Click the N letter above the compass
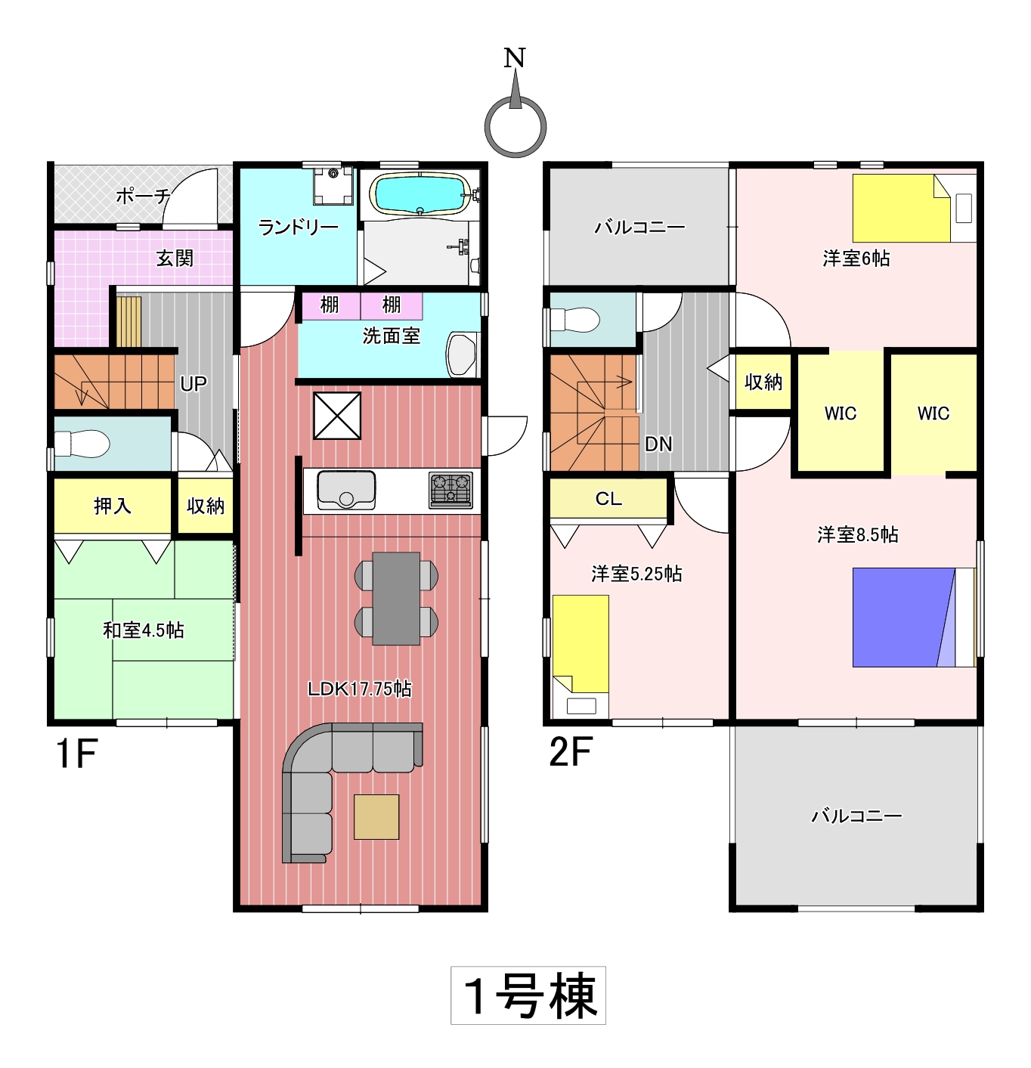click(x=514, y=57)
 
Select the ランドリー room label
click(x=298, y=227)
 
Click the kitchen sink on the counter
click(x=345, y=490)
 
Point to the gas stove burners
click(x=450, y=490)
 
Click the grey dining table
click(x=395, y=598)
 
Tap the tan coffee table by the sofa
click(x=376, y=816)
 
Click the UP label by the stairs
click(x=194, y=384)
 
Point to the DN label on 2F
click(x=658, y=444)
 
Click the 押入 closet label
click(x=113, y=506)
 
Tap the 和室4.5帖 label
click(x=143, y=630)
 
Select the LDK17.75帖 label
click(x=359, y=689)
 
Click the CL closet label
click(x=608, y=498)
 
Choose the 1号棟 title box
click(x=528, y=995)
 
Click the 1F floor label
click(x=76, y=754)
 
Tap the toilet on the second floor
click(x=574, y=320)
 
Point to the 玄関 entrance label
click(x=175, y=258)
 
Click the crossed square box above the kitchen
click(x=337, y=416)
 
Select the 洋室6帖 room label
click(x=856, y=258)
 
